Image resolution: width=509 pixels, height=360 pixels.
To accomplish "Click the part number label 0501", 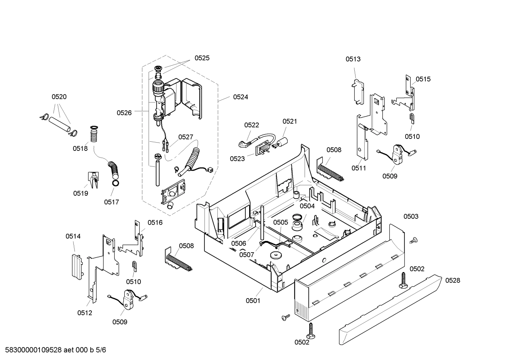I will [x=253, y=301].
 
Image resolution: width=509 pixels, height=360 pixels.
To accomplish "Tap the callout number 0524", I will [x=240, y=97].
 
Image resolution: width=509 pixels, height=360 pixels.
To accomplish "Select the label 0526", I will [x=124, y=113].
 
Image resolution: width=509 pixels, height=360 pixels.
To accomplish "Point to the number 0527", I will [x=186, y=137].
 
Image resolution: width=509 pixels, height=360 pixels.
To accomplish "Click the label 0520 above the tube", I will [x=59, y=97].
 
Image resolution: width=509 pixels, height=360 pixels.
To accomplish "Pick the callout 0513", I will [x=353, y=59].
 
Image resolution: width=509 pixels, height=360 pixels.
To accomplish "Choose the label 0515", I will [x=423, y=79].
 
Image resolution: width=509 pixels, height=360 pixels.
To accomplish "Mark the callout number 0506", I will [x=239, y=243].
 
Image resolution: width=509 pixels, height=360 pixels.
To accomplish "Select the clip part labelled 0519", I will [x=94, y=179].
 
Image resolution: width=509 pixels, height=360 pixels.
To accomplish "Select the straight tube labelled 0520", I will [x=59, y=124].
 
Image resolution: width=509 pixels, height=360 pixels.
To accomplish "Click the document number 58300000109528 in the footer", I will [x=34, y=350].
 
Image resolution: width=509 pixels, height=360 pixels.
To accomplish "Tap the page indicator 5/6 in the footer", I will [x=101, y=350].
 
